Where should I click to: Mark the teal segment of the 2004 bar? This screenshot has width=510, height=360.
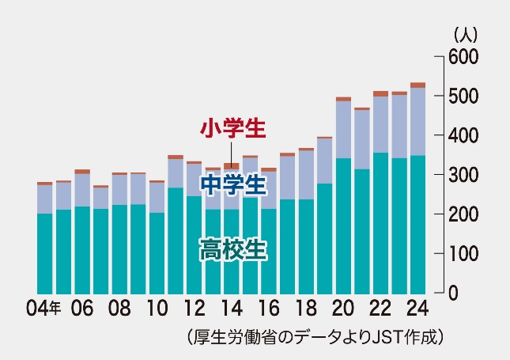point(45,253)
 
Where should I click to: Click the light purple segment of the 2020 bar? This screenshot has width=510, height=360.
point(343,130)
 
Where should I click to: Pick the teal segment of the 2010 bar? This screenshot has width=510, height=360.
point(157,253)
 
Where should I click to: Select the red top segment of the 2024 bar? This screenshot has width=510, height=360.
point(417,85)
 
